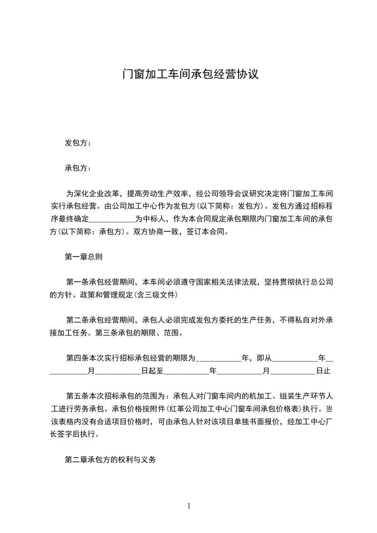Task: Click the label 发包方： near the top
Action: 78,143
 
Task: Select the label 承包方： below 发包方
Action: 78,168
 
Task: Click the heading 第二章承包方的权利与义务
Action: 110,460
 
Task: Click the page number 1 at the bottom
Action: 189,506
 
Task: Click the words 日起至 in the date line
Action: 152,371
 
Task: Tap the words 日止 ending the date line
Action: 323,371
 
